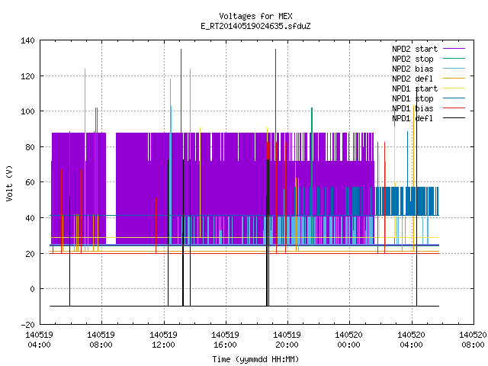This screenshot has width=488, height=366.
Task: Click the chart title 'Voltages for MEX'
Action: click(x=255, y=16)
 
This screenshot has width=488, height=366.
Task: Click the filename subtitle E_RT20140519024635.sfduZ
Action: click(x=255, y=26)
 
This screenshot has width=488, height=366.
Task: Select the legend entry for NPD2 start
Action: click(x=415, y=49)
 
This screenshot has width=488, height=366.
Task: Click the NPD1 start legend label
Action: click(x=415, y=88)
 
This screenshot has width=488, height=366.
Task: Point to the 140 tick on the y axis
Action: click(x=27, y=40)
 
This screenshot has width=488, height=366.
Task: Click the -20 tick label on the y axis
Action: click(x=27, y=325)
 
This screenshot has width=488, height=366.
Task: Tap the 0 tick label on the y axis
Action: click(x=32, y=289)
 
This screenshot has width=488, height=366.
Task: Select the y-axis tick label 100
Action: click(x=27, y=111)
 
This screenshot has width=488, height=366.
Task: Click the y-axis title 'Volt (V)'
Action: click(x=10, y=183)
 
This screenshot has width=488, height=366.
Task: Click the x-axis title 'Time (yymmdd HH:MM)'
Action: click(x=255, y=359)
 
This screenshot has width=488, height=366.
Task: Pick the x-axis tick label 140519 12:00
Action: click(x=163, y=340)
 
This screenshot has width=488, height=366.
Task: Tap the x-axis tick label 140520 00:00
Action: click(x=349, y=340)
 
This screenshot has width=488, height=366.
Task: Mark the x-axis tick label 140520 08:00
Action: click(x=473, y=340)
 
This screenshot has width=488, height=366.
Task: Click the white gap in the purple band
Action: click(x=111, y=188)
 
